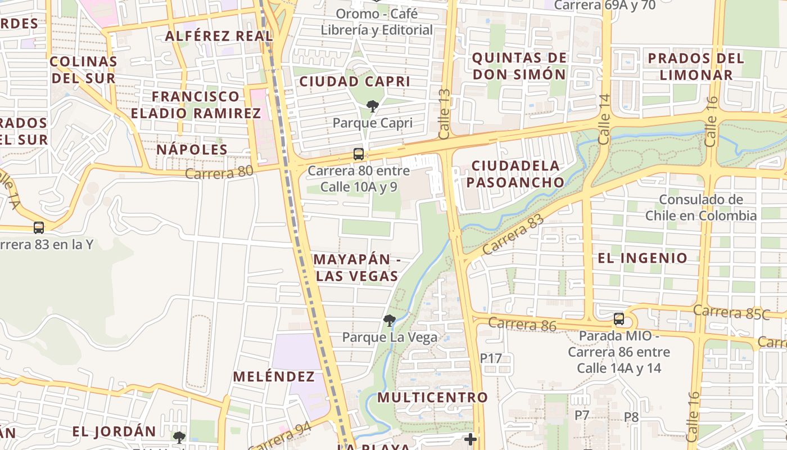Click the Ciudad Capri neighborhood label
pyautogui.click(x=355, y=82)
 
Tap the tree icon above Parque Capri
pyautogui.click(x=372, y=106)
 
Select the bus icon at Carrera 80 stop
pyautogui.click(x=358, y=154)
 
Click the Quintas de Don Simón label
pyautogui.click(x=519, y=66)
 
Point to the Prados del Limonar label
pyautogui.click(x=696, y=66)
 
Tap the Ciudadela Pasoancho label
pyautogui.click(x=515, y=174)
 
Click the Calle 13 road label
pyautogui.click(x=445, y=114)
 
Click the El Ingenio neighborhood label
pyautogui.click(x=643, y=258)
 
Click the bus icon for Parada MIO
pyautogui.click(x=619, y=319)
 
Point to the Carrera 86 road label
pyautogui.click(x=522, y=324)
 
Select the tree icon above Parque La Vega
pyautogui.click(x=388, y=321)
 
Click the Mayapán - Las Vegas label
pyautogui.click(x=356, y=268)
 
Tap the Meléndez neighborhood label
pyautogui.click(x=274, y=376)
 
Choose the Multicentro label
pyautogui.click(x=432, y=397)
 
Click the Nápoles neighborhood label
pyautogui.click(x=192, y=150)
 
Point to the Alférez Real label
pyautogui.click(x=219, y=36)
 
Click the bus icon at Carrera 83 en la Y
pyautogui.click(x=38, y=227)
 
